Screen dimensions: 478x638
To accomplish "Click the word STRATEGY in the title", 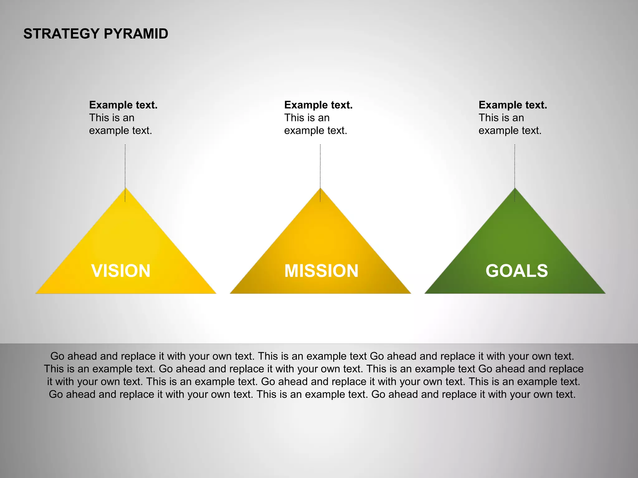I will point(61,34).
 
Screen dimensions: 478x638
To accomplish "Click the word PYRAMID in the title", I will point(136,34).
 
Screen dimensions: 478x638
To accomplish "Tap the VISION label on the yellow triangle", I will point(121,270).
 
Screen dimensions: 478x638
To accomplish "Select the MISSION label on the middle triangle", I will point(321,270).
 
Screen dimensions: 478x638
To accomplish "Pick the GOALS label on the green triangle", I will point(517,270).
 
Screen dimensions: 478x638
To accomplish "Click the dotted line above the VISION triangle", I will point(125,165).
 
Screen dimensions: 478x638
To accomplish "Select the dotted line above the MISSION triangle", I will point(320,165).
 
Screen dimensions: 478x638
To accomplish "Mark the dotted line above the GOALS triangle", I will point(515,165).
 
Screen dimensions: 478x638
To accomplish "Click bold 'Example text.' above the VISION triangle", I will point(123,105).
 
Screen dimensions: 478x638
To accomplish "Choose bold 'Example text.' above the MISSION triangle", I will point(318,105).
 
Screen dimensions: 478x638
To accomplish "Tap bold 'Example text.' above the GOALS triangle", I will point(513,105).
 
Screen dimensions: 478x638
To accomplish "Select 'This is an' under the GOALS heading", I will point(501,118).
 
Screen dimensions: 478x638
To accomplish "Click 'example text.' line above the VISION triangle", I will point(121,130).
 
